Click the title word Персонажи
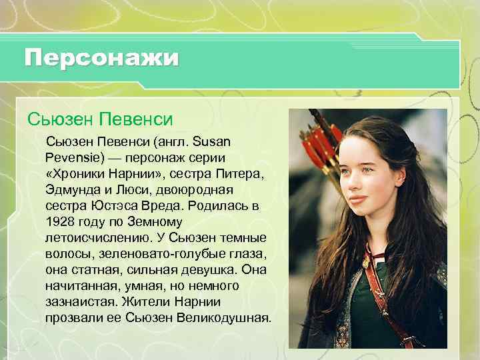pyautogui.click(x=101, y=57)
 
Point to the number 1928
pyautogui.click(x=60, y=222)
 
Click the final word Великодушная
pyautogui.click(x=224, y=317)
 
